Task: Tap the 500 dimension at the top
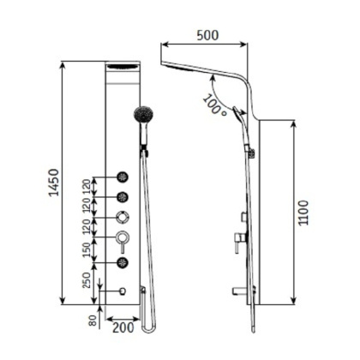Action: click(x=207, y=35)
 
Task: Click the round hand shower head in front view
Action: click(x=145, y=115)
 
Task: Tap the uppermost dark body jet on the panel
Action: click(x=123, y=177)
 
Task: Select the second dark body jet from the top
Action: click(x=123, y=197)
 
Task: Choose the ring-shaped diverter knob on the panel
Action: click(x=123, y=218)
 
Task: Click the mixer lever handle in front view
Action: click(x=123, y=238)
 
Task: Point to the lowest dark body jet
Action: click(x=123, y=261)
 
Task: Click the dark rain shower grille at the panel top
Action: click(x=122, y=68)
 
